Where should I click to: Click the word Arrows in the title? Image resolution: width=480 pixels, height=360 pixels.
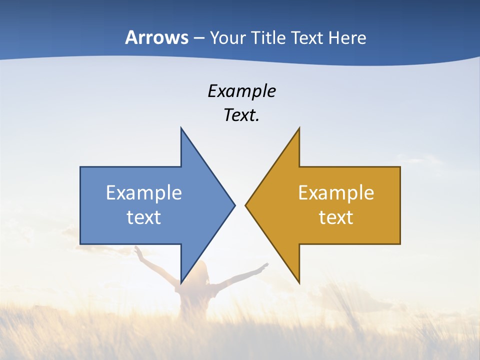pyautogui.click(x=156, y=37)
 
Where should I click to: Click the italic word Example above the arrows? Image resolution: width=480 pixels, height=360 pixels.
pyautogui.click(x=241, y=91)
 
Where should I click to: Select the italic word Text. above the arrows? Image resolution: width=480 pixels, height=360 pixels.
pyautogui.click(x=241, y=115)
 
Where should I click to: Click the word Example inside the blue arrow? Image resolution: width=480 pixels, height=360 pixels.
pyautogui.click(x=144, y=192)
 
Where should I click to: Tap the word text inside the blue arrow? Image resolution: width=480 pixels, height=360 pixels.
pyautogui.click(x=144, y=217)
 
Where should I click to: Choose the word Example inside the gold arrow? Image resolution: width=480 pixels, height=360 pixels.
pyautogui.click(x=336, y=192)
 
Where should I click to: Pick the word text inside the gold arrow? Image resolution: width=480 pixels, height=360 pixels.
pyautogui.click(x=336, y=217)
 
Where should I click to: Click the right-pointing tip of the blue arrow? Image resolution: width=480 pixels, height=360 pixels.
pyautogui.click(x=234, y=205)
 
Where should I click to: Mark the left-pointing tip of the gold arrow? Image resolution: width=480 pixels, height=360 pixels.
pyautogui.click(x=246, y=205)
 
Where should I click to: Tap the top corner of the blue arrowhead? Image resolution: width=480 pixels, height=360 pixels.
pyautogui.click(x=181, y=128)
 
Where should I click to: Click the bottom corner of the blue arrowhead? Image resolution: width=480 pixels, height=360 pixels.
pyautogui.click(x=181, y=282)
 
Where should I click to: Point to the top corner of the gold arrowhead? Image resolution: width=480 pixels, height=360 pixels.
pyautogui.click(x=299, y=128)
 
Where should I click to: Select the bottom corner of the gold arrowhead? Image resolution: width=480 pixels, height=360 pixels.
pyautogui.click(x=299, y=282)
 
